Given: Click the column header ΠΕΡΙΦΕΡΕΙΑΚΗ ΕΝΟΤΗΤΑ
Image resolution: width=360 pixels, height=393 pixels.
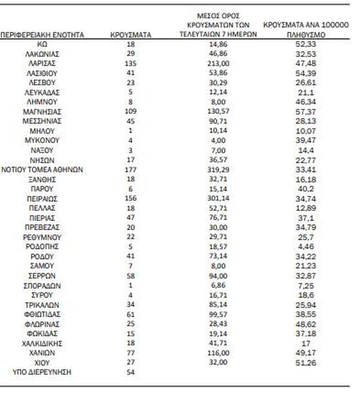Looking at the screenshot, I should [x=42, y=35].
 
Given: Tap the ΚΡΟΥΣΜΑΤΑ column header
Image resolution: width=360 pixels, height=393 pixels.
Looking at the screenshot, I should [x=131, y=35].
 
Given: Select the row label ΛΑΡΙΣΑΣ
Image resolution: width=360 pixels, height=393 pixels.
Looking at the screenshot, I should [x=42, y=63].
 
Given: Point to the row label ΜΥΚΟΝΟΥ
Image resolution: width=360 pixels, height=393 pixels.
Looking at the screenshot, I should [x=42, y=141].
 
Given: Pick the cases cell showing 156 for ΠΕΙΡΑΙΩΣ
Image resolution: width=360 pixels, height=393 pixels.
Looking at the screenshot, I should [x=131, y=198].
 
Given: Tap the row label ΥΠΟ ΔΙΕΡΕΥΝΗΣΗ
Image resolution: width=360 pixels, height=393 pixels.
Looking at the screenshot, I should [x=42, y=372].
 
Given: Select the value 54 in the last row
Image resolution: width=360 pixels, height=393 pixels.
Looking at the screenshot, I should [x=131, y=372].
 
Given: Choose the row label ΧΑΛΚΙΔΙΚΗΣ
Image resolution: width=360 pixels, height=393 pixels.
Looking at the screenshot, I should [x=42, y=343].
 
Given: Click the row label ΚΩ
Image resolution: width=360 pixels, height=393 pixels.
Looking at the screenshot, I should [x=42, y=44].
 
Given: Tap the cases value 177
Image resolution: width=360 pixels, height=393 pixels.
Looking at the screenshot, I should [x=131, y=170].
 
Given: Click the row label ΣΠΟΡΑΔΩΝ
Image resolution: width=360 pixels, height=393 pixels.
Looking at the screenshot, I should [x=42, y=285].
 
